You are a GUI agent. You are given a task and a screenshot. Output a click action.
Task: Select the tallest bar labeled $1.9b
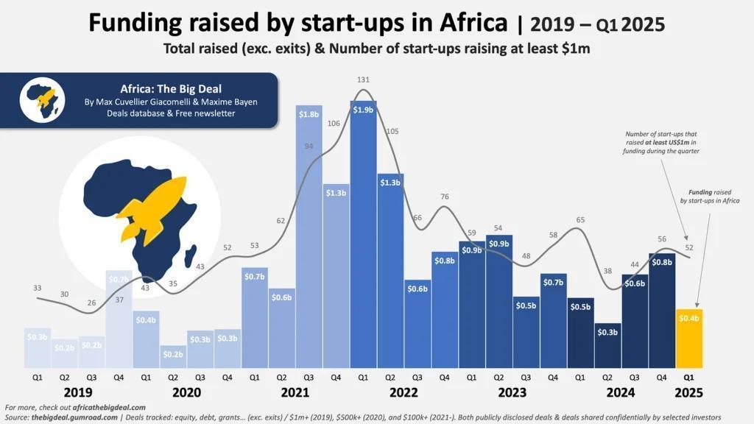coord(363,236)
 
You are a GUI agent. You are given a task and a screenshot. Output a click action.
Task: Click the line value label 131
coord(363,79)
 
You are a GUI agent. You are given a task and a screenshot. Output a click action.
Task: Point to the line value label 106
coord(334,124)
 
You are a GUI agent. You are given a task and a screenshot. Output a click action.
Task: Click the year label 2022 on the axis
coord(404,392)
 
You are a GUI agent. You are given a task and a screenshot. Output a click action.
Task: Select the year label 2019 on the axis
coord(78,392)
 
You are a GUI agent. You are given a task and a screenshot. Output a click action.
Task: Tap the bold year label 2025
coord(688,392)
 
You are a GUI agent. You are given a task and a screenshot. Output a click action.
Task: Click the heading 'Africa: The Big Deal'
coord(171,88)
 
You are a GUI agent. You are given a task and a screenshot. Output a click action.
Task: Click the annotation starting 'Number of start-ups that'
coord(661,142)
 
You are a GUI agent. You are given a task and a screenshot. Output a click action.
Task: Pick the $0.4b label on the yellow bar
coord(690,318)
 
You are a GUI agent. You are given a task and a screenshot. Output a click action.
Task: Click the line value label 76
coord(444,197)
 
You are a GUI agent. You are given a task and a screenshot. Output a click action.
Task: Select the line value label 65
coord(580,220)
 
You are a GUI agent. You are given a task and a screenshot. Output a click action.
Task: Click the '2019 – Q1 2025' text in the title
coord(597,24)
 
